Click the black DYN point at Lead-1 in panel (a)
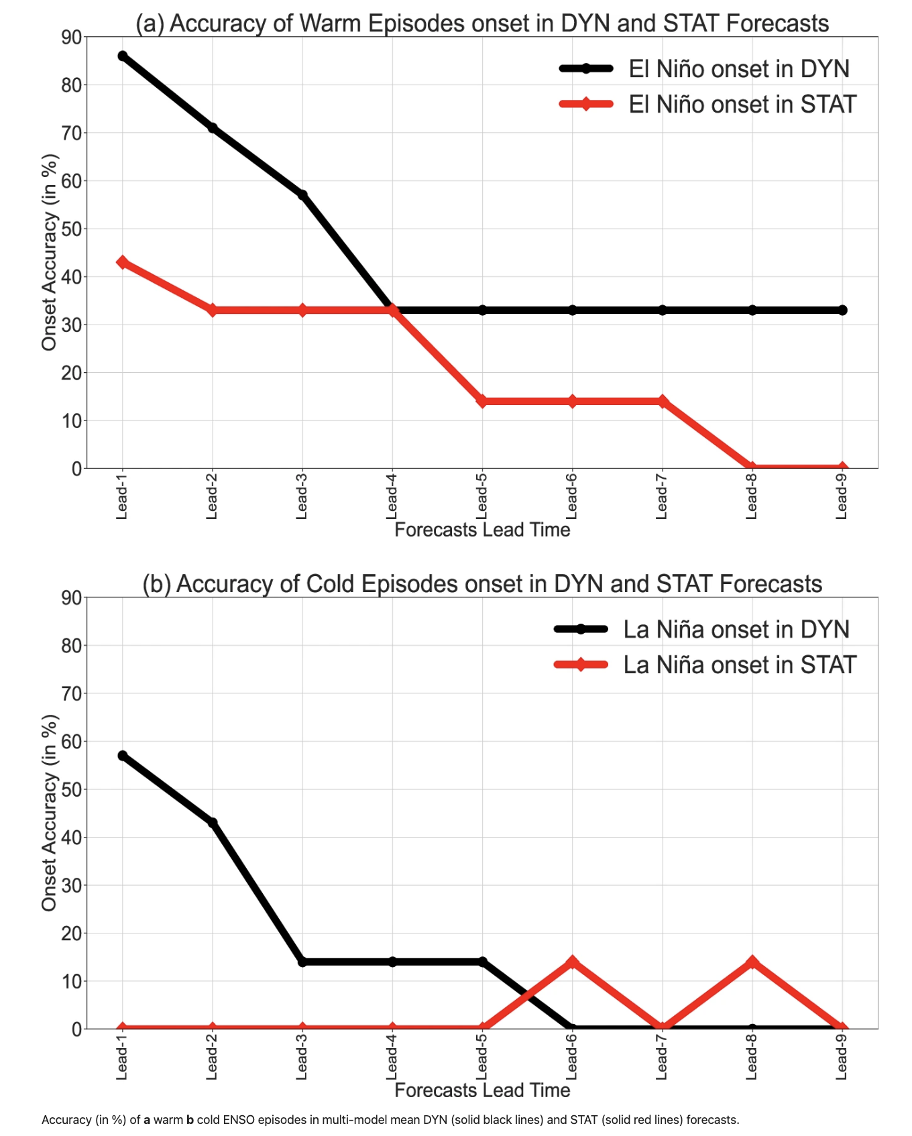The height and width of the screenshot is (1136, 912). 123,56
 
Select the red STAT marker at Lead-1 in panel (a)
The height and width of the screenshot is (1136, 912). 123,262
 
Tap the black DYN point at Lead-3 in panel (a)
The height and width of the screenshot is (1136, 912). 302,195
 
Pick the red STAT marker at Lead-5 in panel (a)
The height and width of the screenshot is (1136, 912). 482,401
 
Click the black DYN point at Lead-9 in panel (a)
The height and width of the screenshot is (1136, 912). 842,310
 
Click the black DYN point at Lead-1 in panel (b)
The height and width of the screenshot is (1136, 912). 123,756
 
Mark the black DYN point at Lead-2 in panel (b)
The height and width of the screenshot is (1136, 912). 213,823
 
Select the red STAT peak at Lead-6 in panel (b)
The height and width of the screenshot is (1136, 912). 572,962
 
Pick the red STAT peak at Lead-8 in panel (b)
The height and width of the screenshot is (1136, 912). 752,962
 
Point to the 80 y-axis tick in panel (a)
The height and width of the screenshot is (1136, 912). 71,85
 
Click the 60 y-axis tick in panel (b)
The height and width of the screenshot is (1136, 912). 71,742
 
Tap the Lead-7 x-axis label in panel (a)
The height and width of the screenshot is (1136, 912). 662,496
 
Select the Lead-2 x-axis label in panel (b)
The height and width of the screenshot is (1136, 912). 212,1056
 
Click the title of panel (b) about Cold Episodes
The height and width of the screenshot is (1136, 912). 482,584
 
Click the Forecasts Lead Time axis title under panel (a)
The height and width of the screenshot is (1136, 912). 482,530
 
